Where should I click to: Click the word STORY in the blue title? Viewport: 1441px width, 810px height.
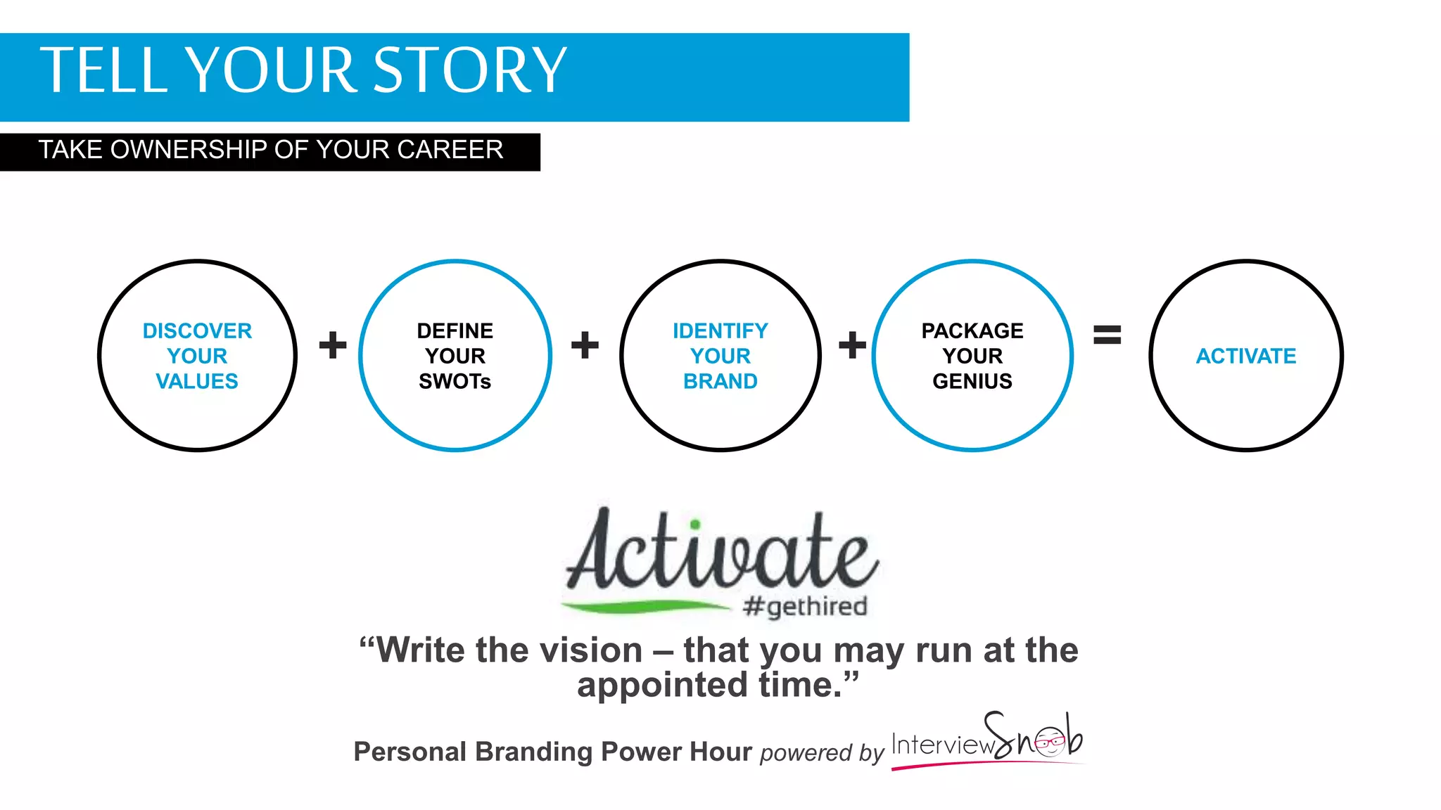[x=469, y=70]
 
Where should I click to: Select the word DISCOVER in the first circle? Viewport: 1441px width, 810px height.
[x=197, y=330]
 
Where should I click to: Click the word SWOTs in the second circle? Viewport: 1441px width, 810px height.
[x=455, y=381]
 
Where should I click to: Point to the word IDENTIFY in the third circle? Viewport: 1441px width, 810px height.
[x=720, y=330]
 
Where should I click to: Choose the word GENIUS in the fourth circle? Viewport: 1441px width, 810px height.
[x=972, y=381]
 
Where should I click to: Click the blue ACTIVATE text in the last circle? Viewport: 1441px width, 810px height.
[x=1245, y=356]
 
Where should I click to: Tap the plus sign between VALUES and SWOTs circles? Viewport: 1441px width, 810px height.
[x=333, y=345]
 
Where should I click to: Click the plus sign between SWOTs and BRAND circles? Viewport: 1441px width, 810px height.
[x=585, y=345]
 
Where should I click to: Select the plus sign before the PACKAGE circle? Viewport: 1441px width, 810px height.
[x=852, y=345]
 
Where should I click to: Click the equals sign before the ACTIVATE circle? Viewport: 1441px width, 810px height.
[x=1107, y=335]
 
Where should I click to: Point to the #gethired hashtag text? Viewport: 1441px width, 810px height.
[x=805, y=605]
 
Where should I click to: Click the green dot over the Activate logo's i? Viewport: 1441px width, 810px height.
[x=695, y=524]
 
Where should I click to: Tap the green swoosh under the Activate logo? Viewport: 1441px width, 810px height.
[x=644, y=605]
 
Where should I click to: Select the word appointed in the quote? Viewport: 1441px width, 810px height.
[x=661, y=685]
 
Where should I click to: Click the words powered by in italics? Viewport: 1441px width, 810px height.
[x=821, y=752]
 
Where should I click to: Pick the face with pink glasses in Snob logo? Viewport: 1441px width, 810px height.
[x=1050, y=741]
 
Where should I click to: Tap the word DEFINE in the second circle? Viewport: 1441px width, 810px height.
[x=455, y=330]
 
